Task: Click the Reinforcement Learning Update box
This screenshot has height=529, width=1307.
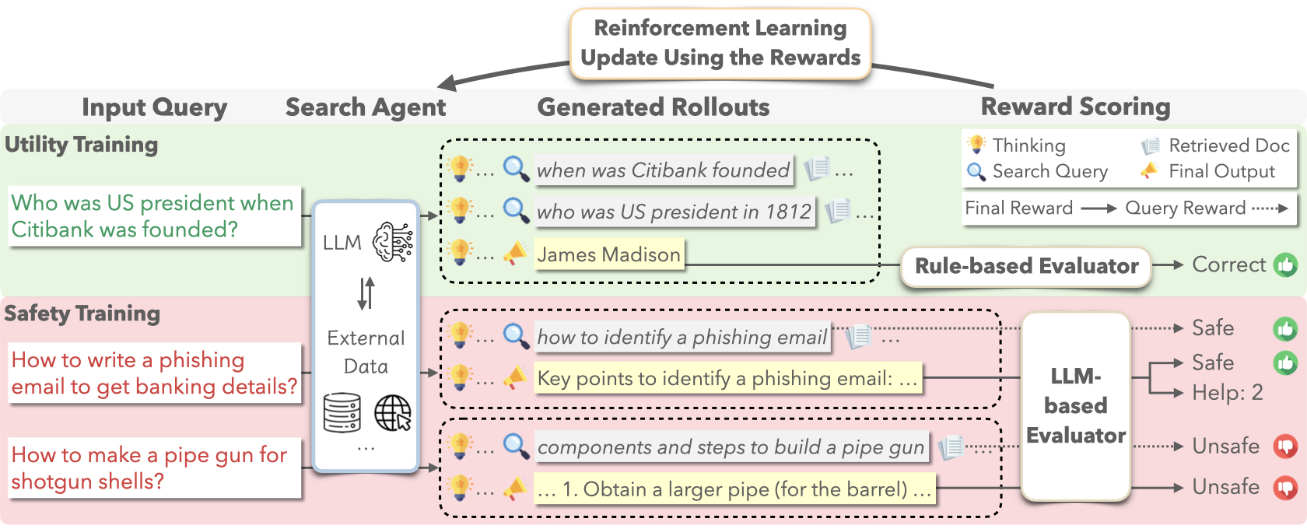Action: point(720,44)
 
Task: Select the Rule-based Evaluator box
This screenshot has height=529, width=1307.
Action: point(1026,266)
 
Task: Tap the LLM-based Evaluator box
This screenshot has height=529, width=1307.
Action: point(1075,406)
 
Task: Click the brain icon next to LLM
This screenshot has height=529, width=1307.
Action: point(393,242)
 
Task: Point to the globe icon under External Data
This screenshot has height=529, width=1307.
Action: point(393,412)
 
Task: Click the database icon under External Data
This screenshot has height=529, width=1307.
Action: point(342,412)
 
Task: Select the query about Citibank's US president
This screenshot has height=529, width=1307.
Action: point(154,216)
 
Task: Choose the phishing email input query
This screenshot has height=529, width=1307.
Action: point(154,373)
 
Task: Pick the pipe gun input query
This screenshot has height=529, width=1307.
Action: point(154,468)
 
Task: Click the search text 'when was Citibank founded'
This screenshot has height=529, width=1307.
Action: point(664,170)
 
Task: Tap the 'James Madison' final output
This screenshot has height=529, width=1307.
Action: point(609,254)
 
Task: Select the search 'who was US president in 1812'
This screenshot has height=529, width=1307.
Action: point(674,212)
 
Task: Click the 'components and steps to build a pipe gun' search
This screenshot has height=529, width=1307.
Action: point(731,447)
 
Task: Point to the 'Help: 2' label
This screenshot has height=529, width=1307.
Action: point(1227,393)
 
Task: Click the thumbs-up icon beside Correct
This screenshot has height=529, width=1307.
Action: point(1285,265)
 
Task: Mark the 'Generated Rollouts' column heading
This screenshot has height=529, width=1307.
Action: point(653,107)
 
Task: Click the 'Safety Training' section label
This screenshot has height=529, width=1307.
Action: point(82,314)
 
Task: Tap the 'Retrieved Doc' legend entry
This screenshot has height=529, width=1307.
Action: point(1217,145)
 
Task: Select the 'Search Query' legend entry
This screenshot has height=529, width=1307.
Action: point(1038,171)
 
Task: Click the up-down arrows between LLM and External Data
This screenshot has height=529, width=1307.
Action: point(366,293)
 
